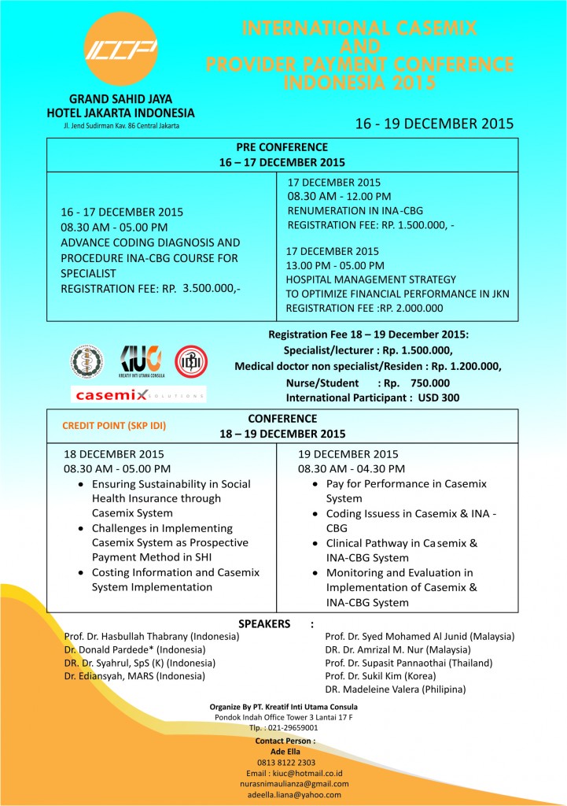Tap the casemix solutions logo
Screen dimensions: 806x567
tap(138, 394)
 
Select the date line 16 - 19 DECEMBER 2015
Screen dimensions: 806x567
tap(434, 124)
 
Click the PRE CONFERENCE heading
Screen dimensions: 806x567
tap(282, 147)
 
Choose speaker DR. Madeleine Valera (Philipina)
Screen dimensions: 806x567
tap(395, 689)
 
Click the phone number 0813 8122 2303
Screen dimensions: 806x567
tap(286, 762)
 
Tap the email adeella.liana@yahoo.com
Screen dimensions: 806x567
tap(286, 794)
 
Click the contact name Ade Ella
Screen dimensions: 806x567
tap(285, 751)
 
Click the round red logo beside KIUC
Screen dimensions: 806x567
tap(191, 360)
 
